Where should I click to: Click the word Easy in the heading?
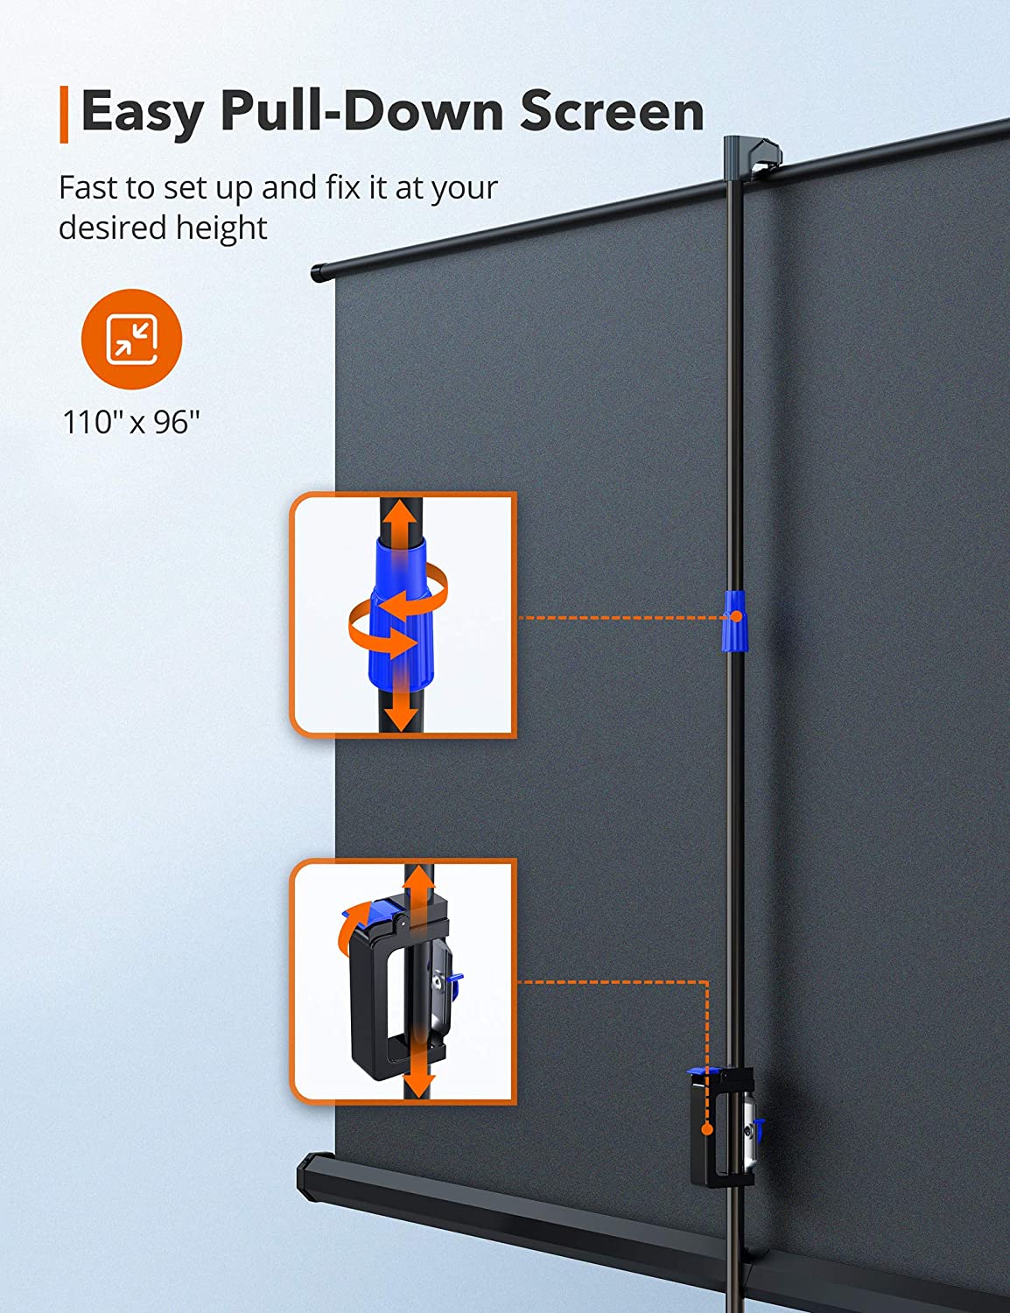click(x=142, y=113)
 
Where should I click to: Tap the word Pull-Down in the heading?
click(x=361, y=110)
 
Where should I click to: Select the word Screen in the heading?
click(x=612, y=111)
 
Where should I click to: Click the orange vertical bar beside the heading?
click(x=64, y=114)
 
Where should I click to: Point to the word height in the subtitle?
click(x=221, y=228)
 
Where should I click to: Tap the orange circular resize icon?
click(x=131, y=339)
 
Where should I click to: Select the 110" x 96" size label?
click(x=131, y=422)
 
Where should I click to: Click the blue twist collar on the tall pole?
click(x=733, y=621)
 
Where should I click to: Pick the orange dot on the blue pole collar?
click(x=736, y=616)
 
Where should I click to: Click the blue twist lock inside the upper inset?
click(x=399, y=614)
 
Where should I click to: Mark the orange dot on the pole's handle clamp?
click(x=705, y=1127)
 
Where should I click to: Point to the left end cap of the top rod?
click(x=317, y=274)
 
